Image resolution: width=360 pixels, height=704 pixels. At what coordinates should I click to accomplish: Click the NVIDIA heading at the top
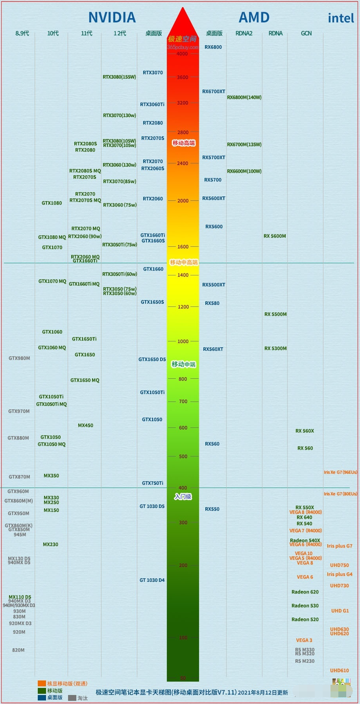(x=112, y=18)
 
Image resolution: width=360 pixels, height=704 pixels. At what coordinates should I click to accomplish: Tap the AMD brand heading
(x=254, y=18)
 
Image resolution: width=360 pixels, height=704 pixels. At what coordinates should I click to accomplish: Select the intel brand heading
(x=341, y=18)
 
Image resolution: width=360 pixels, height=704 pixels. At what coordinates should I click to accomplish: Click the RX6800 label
(x=213, y=47)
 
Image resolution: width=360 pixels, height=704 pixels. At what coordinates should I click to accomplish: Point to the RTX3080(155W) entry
(x=119, y=77)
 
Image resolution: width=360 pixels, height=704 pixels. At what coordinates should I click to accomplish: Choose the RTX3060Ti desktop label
(x=152, y=104)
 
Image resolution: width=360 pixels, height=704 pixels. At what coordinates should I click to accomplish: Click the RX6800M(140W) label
(x=244, y=97)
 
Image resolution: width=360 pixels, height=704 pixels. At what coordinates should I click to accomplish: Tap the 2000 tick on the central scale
(x=183, y=201)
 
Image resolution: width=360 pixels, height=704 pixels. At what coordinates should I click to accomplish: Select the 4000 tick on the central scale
(x=182, y=54)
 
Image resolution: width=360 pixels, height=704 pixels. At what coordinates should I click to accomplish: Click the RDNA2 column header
(x=244, y=33)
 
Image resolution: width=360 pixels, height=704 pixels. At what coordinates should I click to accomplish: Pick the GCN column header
(x=306, y=33)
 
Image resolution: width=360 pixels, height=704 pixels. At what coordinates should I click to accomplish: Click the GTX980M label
(x=19, y=358)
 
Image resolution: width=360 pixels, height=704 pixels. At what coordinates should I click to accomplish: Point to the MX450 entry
(x=85, y=425)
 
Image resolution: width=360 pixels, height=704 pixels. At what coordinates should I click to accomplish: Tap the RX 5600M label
(x=275, y=236)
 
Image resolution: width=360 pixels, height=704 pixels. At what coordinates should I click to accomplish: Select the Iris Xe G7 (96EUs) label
(x=341, y=472)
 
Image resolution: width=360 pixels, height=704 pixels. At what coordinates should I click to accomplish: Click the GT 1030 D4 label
(x=152, y=580)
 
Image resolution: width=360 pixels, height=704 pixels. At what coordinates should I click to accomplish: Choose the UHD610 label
(x=340, y=671)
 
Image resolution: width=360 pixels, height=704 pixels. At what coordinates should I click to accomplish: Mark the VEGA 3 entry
(x=304, y=640)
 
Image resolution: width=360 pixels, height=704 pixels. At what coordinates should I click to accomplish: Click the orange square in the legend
(x=42, y=684)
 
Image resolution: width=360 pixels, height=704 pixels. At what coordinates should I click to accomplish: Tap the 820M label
(x=18, y=650)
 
